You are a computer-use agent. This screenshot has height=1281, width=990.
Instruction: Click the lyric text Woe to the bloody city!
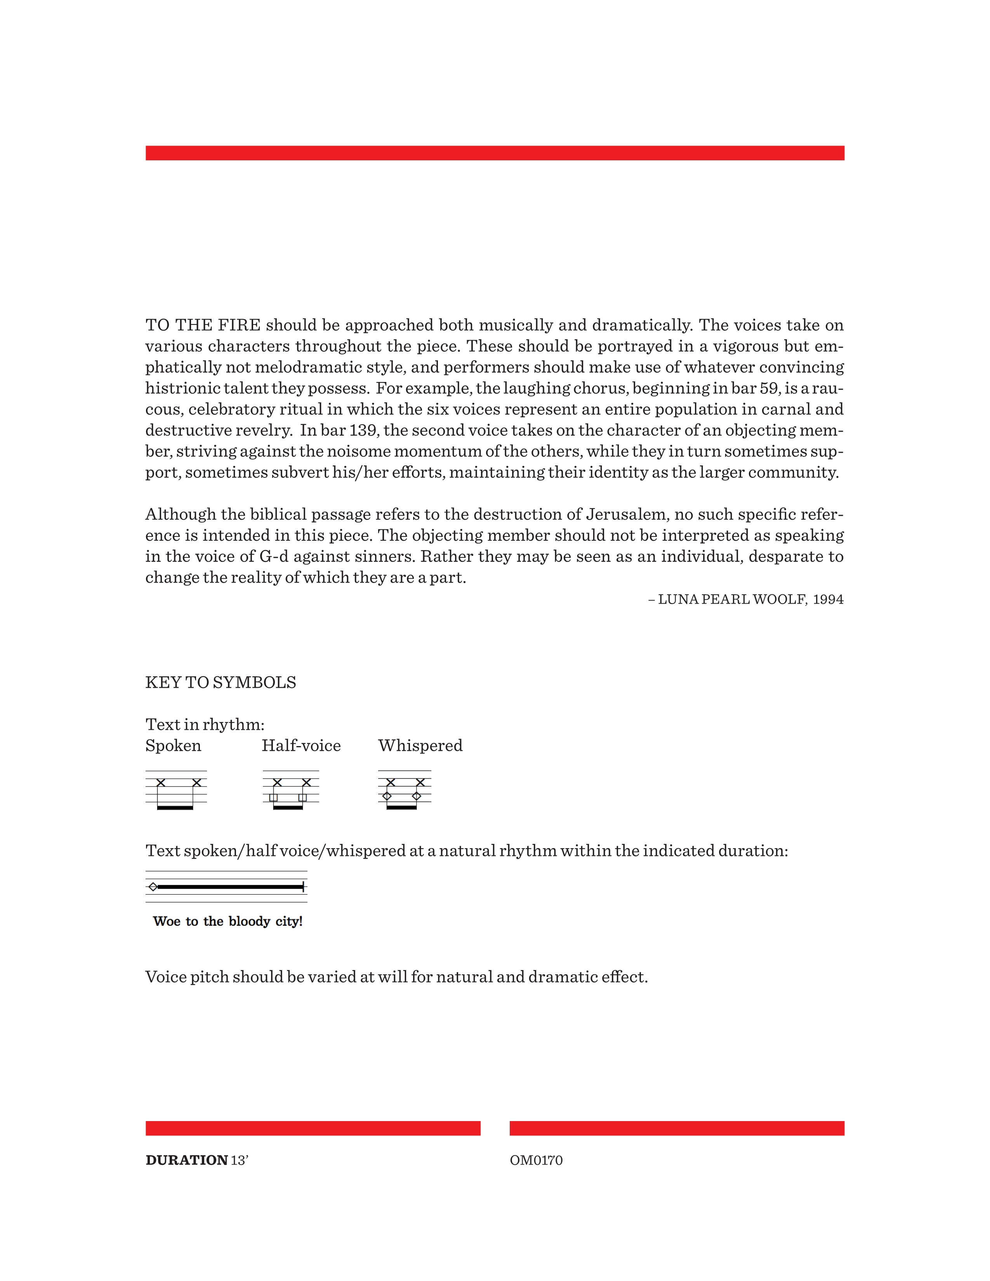(x=228, y=922)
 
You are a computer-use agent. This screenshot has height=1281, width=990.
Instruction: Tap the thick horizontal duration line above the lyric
(x=230, y=887)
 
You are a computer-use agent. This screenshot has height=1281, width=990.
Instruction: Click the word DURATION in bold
(x=186, y=1160)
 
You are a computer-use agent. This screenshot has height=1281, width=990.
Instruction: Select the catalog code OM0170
(x=536, y=1160)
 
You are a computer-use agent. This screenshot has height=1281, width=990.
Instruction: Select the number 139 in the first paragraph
(x=363, y=430)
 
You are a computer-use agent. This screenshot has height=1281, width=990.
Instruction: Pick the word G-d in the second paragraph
(x=274, y=557)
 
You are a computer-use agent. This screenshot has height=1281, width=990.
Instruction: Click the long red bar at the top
(x=494, y=153)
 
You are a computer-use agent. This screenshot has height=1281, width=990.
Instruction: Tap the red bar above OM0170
(x=677, y=1128)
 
